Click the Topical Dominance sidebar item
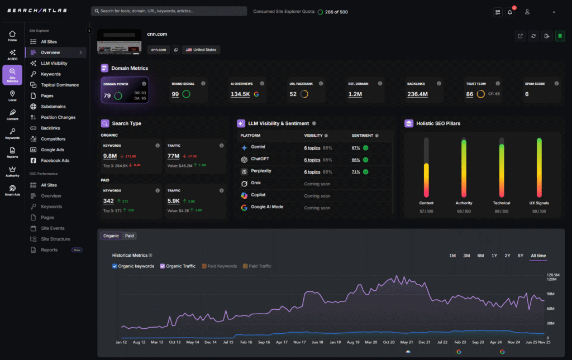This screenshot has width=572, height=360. (x=59, y=85)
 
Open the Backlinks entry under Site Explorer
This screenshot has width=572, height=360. (x=50, y=128)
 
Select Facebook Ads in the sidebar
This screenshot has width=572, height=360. (x=55, y=160)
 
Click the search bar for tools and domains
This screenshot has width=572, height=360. (x=169, y=11)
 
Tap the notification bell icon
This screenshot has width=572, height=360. (x=509, y=12)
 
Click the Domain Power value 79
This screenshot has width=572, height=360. (x=107, y=95)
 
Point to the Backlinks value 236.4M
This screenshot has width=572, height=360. (x=417, y=94)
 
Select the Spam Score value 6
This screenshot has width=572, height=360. (x=526, y=94)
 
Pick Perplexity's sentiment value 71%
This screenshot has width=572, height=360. (x=355, y=172)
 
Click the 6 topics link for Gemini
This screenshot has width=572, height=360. (x=312, y=147)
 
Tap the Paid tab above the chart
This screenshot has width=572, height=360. (x=129, y=236)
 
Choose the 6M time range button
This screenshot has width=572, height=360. (x=480, y=256)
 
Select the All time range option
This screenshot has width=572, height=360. (x=538, y=256)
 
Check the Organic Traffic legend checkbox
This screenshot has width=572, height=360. (x=163, y=266)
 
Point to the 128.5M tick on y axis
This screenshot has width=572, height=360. (x=552, y=275)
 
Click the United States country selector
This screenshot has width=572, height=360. (x=201, y=50)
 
